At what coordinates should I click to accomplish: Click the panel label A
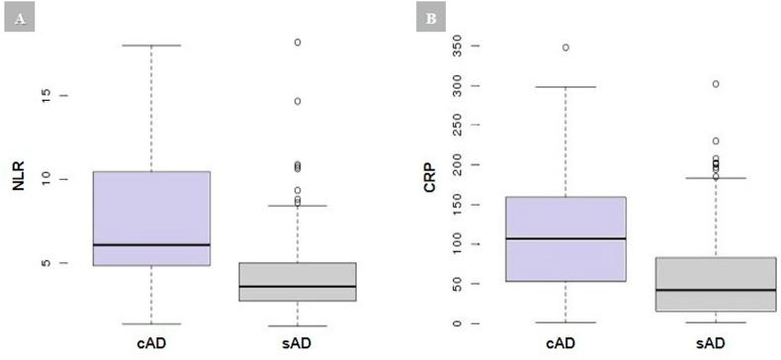(20, 19)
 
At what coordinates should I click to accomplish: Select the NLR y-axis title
(19, 180)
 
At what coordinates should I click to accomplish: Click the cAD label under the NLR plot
(150, 343)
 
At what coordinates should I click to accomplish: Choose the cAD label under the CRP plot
(565, 343)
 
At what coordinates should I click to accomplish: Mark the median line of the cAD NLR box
(151, 244)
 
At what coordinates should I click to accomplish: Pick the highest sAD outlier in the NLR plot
(297, 43)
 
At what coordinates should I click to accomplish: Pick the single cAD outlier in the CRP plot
(565, 47)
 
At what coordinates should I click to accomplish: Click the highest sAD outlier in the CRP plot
(716, 84)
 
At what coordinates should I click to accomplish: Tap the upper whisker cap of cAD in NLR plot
(151, 45)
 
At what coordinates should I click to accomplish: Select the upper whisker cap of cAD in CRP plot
(565, 87)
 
